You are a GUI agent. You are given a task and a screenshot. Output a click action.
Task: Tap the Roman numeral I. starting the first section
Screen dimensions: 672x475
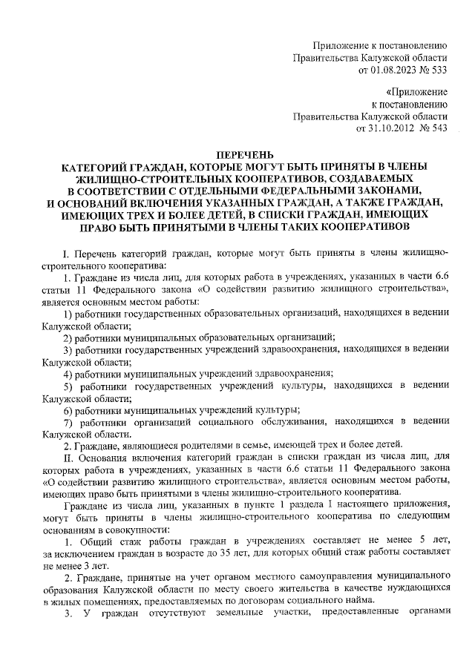tap(66, 253)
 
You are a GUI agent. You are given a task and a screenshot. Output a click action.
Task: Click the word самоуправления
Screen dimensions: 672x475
tap(301, 576)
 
